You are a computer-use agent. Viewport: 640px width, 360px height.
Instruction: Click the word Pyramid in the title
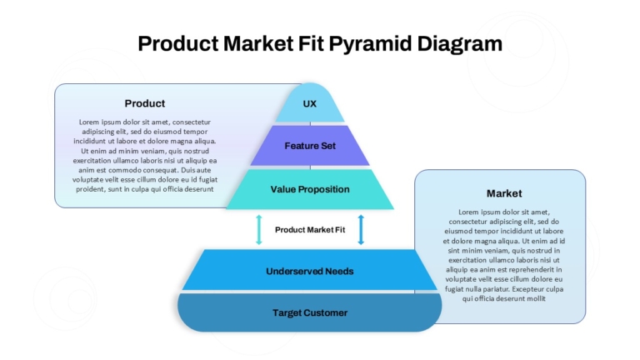(x=371, y=44)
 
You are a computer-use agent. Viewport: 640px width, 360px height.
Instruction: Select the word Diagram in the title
(x=460, y=44)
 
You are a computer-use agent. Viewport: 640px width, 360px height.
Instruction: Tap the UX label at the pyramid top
(x=310, y=103)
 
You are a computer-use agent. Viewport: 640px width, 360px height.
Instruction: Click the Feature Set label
(x=310, y=146)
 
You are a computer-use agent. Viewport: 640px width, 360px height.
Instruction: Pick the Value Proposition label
(x=310, y=189)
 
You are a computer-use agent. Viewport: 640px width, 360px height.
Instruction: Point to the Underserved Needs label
(x=310, y=272)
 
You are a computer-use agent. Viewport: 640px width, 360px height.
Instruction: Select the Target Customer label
(x=310, y=313)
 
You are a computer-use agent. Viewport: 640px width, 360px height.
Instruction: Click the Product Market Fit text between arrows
(x=310, y=230)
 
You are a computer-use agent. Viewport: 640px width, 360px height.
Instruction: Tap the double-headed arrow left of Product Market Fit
(x=259, y=230)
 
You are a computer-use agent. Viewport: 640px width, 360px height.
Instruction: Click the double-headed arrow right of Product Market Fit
(x=361, y=230)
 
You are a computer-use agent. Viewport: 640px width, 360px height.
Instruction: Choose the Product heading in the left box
(x=145, y=103)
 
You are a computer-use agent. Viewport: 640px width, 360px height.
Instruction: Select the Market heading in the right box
(x=504, y=193)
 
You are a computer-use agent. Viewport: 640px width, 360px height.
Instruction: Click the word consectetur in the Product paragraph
(x=192, y=122)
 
